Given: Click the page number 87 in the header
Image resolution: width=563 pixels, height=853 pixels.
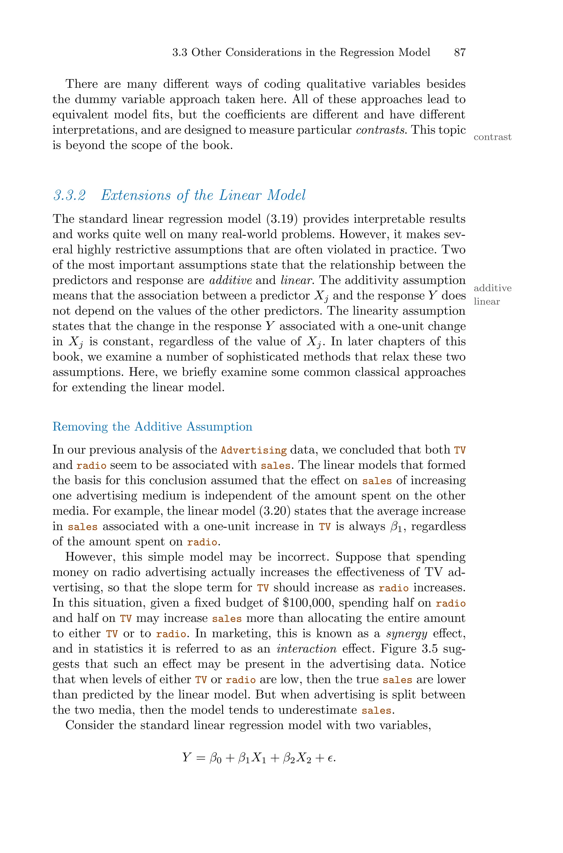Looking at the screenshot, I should pyautogui.click(x=460, y=52).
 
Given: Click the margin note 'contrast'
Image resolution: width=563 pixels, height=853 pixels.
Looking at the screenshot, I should pyautogui.click(x=492, y=137).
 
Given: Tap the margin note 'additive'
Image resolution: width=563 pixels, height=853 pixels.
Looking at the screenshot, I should pyautogui.click(x=492, y=288).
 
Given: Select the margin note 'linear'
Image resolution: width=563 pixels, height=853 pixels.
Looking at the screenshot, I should pyautogui.click(x=487, y=301).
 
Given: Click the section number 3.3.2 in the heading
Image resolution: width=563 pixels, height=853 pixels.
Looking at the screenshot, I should pyautogui.click(x=70, y=196).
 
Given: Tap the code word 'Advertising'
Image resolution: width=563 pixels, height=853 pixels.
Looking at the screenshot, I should pyautogui.click(x=253, y=450).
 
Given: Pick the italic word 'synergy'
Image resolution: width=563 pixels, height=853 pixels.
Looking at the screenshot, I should pyautogui.click(x=407, y=634).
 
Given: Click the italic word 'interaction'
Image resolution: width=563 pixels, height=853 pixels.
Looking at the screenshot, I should pyautogui.click(x=306, y=649).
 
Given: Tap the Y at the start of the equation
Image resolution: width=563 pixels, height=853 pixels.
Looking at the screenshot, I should pyautogui.click(x=186, y=757).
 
